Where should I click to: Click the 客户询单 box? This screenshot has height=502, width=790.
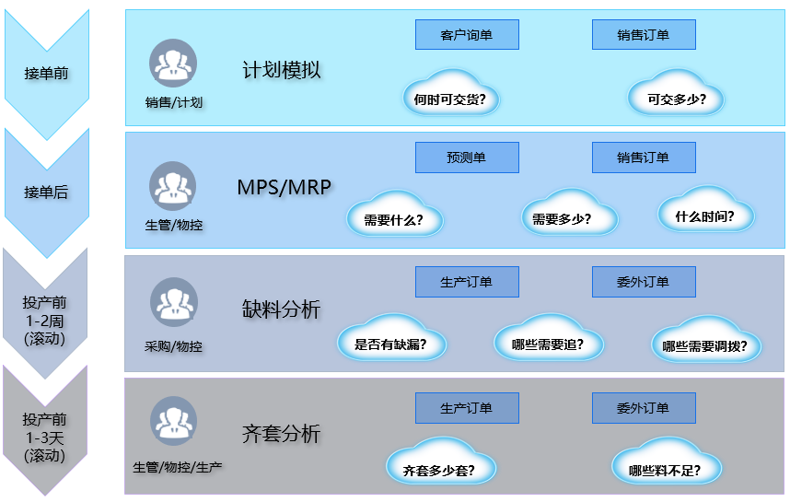click(x=467, y=35)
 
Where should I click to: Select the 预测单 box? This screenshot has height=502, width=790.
click(x=467, y=158)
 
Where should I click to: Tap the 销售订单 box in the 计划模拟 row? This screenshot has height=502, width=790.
click(x=643, y=35)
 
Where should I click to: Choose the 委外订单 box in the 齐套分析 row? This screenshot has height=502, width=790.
click(x=643, y=408)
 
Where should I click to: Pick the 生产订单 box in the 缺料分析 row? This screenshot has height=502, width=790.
click(x=467, y=282)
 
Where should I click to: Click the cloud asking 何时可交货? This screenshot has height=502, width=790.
click(x=450, y=97)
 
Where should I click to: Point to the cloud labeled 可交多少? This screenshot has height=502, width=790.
click(x=677, y=97)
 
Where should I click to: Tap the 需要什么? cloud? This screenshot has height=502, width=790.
click(x=394, y=219)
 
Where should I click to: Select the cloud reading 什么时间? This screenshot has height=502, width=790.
click(x=705, y=216)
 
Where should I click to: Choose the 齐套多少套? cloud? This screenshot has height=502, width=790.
click(x=440, y=469)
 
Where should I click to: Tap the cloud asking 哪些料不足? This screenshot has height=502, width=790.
click(x=666, y=469)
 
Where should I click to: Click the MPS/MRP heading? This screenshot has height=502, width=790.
click(x=284, y=187)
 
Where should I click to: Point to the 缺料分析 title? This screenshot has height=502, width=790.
click(x=281, y=309)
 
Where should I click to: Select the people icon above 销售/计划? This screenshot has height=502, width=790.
click(x=172, y=64)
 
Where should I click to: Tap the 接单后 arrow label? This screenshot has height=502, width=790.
click(x=46, y=193)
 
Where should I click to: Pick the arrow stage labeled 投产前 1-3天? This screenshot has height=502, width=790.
click(x=46, y=437)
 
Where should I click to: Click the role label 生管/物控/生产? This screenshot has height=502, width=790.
click(x=178, y=467)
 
